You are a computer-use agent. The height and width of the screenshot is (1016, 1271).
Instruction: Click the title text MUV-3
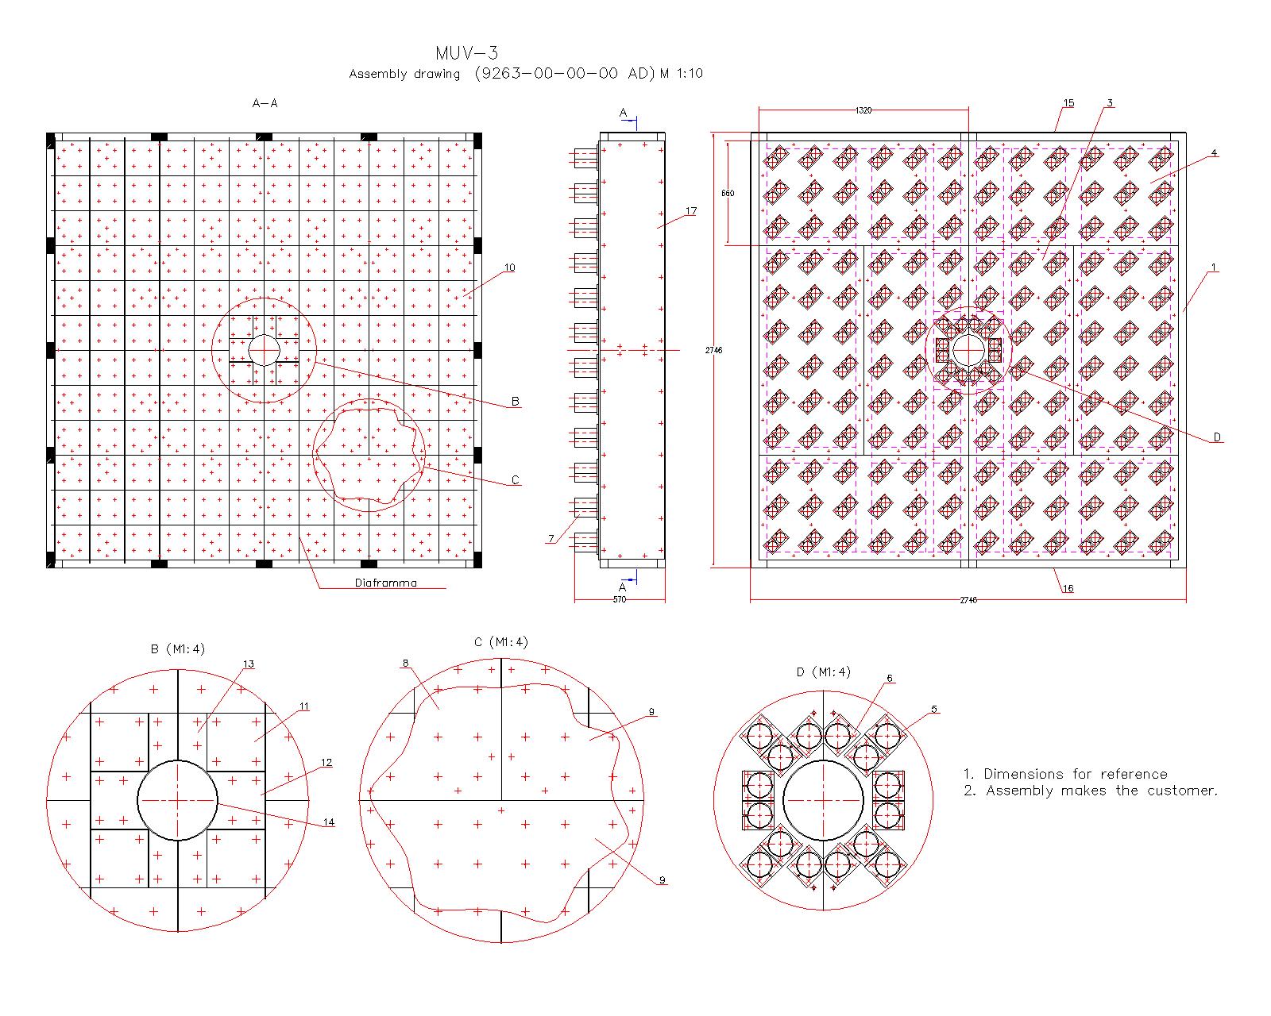point(466,53)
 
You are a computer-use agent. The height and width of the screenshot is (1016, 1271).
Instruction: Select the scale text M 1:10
point(681,73)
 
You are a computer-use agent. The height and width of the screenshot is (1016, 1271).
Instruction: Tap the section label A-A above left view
point(265,103)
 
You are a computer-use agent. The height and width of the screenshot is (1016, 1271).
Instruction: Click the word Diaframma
point(386,583)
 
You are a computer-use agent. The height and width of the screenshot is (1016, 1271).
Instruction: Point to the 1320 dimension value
point(863,110)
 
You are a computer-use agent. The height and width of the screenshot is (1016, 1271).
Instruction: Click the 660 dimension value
point(728,193)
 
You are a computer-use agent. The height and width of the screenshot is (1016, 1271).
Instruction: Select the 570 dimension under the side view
point(619,599)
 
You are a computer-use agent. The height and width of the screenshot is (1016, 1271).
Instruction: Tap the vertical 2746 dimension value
point(713,350)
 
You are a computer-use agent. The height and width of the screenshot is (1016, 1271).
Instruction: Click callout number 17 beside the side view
point(691,211)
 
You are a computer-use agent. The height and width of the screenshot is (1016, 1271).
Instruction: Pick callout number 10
point(510,267)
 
